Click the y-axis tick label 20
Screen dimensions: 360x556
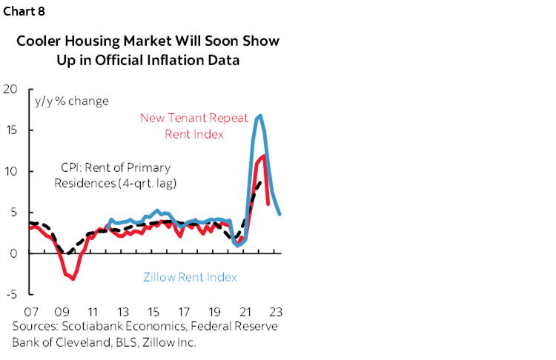pos(10,89)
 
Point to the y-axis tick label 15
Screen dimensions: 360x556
pos(10,130)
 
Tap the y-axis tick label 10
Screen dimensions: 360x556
pos(10,171)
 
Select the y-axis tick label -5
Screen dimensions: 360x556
pos(10,294)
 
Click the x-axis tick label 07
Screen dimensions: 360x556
pos(31,311)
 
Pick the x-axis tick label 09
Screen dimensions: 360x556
pos(62,311)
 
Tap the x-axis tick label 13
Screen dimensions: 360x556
pos(122,311)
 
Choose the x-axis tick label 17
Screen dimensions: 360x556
pos(183,311)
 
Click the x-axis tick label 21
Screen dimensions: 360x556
pos(244,311)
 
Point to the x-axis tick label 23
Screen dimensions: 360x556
pos(274,311)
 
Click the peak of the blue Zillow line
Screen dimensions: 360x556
pos(259,116)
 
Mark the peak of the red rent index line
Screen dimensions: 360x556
pos(263,156)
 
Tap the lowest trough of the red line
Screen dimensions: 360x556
pos(73,279)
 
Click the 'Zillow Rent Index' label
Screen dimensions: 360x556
pos(189,277)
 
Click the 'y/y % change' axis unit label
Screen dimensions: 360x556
pos(71,101)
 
